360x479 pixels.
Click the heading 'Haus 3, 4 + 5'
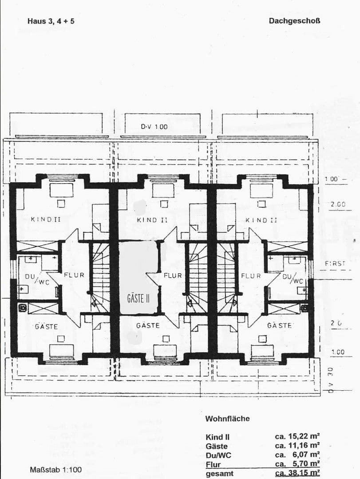click(47, 21)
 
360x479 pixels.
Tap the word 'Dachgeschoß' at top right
click(294, 20)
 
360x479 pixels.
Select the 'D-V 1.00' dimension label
click(154, 126)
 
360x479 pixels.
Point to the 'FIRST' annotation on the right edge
click(335, 263)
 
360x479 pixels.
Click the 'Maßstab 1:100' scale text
click(55, 469)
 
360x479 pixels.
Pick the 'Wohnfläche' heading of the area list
click(227, 418)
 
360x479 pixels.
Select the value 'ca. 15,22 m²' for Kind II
click(297, 436)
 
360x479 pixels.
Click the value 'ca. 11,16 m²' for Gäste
click(297, 445)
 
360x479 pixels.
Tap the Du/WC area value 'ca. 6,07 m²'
click(297, 455)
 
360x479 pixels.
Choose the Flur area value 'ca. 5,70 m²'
click(297, 464)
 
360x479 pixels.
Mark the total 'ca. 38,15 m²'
click(297, 473)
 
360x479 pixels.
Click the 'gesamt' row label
click(219, 474)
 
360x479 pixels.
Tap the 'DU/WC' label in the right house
click(293, 279)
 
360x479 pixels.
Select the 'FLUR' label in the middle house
click(173, 275)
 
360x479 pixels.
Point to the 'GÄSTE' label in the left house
click(46, 326)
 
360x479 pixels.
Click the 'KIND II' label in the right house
click(261, 220)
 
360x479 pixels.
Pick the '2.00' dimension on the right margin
click(338, 204)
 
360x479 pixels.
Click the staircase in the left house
click(101, 275)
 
